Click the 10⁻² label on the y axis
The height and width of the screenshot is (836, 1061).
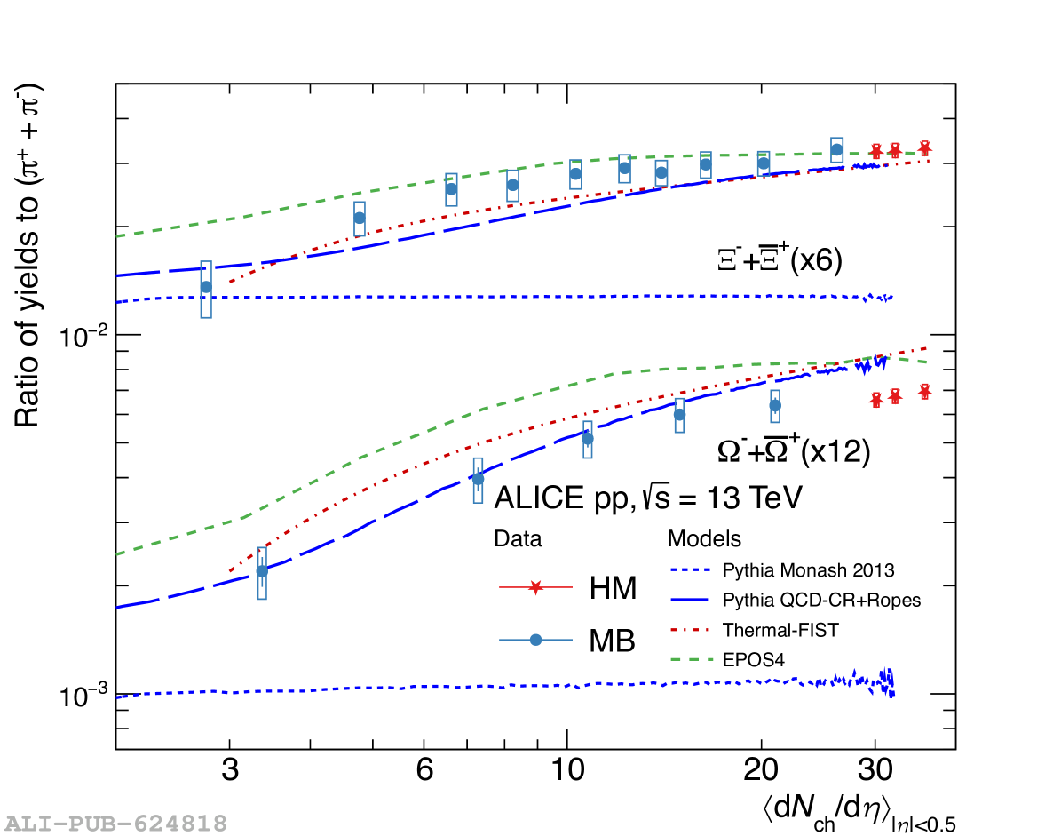(x=82, y=336)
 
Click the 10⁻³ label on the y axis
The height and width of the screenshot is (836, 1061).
(x=82, y=696)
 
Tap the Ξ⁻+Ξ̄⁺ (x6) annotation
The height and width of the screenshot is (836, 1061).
(x=780, y=260)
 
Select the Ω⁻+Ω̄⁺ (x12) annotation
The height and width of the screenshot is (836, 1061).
(x=793, y=451)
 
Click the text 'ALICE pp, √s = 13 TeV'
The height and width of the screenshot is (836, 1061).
(x=648, y=497)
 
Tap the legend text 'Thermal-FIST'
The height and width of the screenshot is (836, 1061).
(x=780, y=630)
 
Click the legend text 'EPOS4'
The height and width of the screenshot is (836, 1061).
(x=754, y=659)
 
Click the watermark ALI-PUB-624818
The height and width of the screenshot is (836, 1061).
(x=115, y=823)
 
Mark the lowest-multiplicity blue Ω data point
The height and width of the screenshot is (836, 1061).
(x=262, y=571)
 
